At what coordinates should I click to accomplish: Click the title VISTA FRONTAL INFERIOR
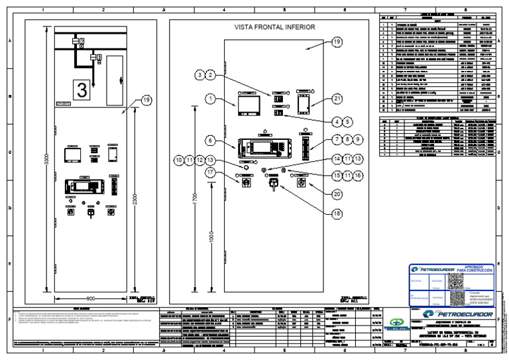point(274,27)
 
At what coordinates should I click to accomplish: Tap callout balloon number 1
point(210,99)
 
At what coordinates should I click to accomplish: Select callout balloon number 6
point(210,141)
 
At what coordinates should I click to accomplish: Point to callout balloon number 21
point(337,99)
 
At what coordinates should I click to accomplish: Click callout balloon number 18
point(337,213)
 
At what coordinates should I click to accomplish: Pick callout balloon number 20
point(337,194)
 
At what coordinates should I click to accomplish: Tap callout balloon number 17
point(210,172)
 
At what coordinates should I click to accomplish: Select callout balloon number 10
point(178,160)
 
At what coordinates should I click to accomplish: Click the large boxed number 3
point(82,90)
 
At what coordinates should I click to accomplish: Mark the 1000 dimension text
point(211,237)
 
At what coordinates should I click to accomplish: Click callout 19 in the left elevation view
point(146,100)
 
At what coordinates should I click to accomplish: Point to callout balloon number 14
point(337,160)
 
